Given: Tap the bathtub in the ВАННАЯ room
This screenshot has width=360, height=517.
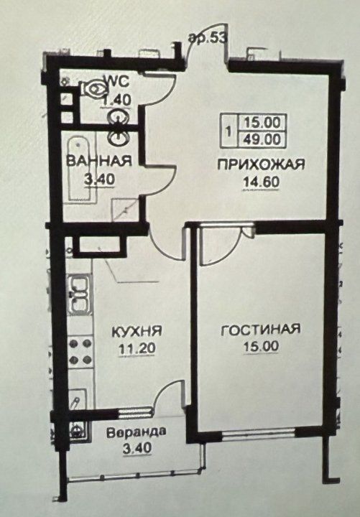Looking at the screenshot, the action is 79,169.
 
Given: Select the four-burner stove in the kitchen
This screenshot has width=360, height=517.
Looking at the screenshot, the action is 80,351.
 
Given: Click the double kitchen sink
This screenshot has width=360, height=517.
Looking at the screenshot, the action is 80,295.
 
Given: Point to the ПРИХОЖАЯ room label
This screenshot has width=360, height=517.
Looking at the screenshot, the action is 261,164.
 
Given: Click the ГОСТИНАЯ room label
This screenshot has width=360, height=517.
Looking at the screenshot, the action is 260,330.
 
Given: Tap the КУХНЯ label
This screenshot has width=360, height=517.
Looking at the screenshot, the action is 137,332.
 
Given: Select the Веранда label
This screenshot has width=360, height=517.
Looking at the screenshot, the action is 137,432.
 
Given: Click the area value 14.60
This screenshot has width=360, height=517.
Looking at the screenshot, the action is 262,182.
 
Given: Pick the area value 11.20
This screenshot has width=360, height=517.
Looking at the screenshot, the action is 137,348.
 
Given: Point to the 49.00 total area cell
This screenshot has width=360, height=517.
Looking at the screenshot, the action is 262,139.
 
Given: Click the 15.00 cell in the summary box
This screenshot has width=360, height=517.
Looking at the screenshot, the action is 262,123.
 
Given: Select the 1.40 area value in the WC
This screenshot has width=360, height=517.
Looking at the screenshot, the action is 117,99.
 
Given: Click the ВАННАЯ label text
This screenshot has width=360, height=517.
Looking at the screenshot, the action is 99,162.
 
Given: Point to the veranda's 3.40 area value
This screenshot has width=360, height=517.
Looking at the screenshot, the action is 137,448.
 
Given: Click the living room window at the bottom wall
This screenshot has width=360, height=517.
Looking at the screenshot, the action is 259,432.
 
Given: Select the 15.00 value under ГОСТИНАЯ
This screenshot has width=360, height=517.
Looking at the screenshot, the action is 262,347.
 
